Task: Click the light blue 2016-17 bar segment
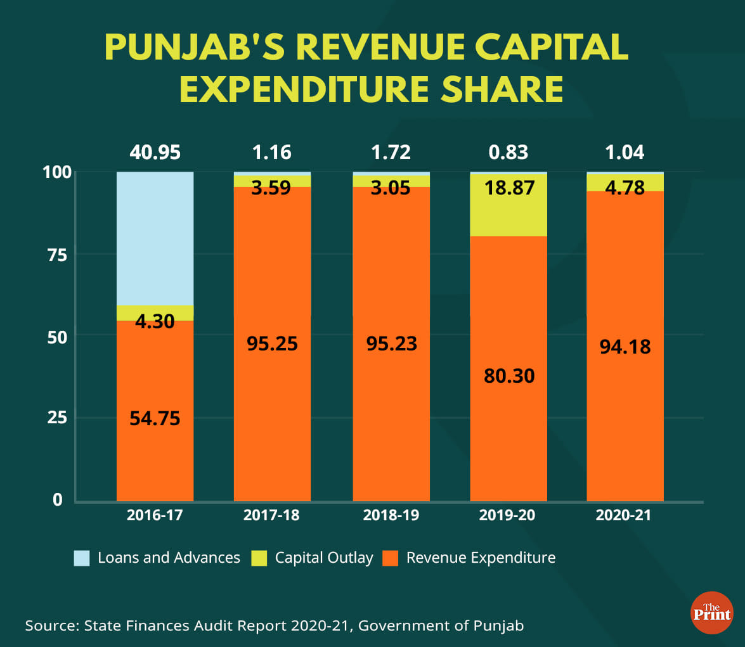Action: point(155,238)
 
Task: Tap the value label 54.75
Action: point(155,418)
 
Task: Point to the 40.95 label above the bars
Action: point(155,152)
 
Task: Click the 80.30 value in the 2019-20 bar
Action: point(508,375)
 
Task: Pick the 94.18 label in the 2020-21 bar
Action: point(625,347)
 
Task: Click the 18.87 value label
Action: point(508,188)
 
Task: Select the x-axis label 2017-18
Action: point(271,515)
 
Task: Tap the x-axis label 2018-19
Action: point(391,515)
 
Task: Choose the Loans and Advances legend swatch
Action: point(82,558)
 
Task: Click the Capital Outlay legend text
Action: point(324,558)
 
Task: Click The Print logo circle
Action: point(711,612)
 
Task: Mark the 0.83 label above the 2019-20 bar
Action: point(508,152)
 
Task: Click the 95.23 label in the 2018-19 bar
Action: point(391,343)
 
